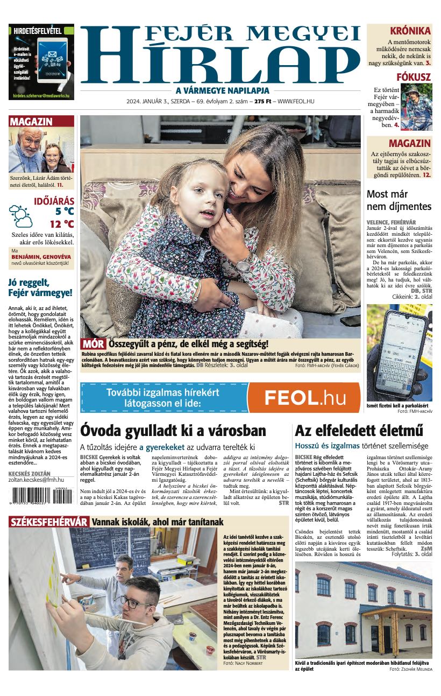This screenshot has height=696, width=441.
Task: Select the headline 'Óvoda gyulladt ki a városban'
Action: click(x=173, y=431)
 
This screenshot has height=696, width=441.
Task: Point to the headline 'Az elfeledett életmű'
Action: click(x=359, y=431)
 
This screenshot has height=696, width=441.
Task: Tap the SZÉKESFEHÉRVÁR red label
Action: click(x=49, y=522)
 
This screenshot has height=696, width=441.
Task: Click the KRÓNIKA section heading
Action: click(x=410, y=31)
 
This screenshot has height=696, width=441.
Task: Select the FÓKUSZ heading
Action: click(x=414, y=77)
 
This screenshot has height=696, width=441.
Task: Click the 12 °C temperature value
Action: click(x=62, y=224)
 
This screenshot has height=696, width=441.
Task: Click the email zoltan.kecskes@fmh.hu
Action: click(x=36, y=479)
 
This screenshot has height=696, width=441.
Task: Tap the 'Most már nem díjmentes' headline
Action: click(x=399, y=200)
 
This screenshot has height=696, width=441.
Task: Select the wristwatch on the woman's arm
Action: click(x=243, y=262)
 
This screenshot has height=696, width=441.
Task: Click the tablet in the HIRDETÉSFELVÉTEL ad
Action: click(x=52, y=59)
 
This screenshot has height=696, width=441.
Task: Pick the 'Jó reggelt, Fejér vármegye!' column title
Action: click(x=40, y=288)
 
